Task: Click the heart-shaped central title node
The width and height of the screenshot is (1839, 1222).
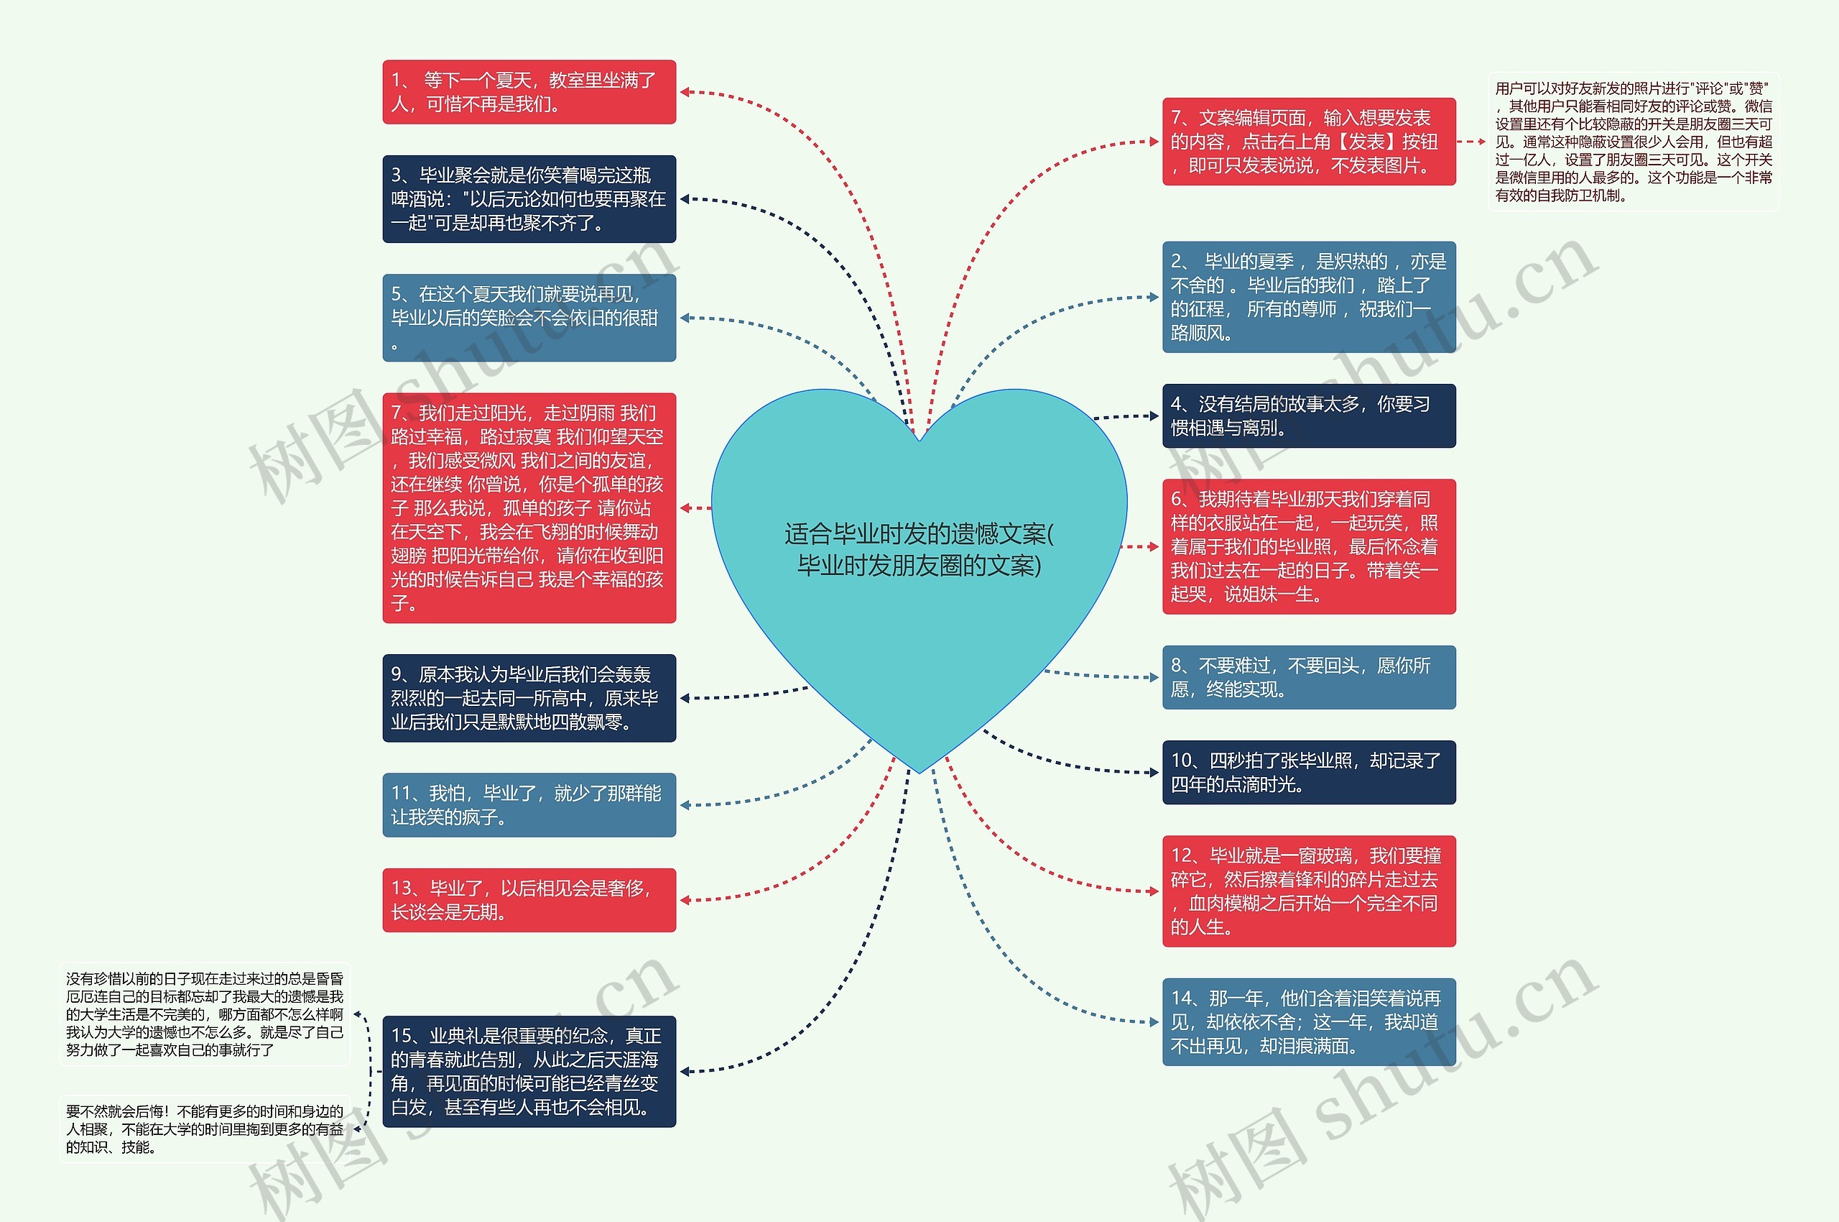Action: click(919, 549)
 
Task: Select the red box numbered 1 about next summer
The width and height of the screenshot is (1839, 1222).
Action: click(529, 92)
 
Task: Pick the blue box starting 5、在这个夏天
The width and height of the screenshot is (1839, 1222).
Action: click(529, 317)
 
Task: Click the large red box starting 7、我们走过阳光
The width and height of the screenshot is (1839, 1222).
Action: click(529, 507)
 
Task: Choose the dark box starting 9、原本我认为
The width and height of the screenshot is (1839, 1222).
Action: click(529, 697)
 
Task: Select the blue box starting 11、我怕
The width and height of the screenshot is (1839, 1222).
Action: click(529, 804)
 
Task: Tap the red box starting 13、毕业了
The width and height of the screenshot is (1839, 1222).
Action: click(529, 899)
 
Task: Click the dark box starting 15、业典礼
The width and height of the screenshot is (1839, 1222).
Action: click(529, 1071)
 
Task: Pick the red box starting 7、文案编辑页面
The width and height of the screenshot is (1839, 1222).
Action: click(1309, 141)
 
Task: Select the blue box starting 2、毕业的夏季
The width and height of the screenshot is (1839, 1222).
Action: click(1309, 297)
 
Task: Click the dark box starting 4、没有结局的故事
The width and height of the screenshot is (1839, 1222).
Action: click(1309, 415)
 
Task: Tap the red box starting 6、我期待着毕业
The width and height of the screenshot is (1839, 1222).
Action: click(1309, 546)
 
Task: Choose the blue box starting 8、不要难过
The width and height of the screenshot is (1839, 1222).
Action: click(1309, 676)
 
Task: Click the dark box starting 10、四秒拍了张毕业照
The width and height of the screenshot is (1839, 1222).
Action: click(1309, 771)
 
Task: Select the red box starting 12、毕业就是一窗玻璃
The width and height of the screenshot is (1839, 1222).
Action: click(1309, 891)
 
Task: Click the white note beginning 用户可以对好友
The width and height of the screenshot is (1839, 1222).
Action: click(1634, 142)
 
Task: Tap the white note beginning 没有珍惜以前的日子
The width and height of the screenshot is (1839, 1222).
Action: click(204, 1014)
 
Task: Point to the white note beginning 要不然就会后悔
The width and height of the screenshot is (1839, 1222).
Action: click(204, 1129)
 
